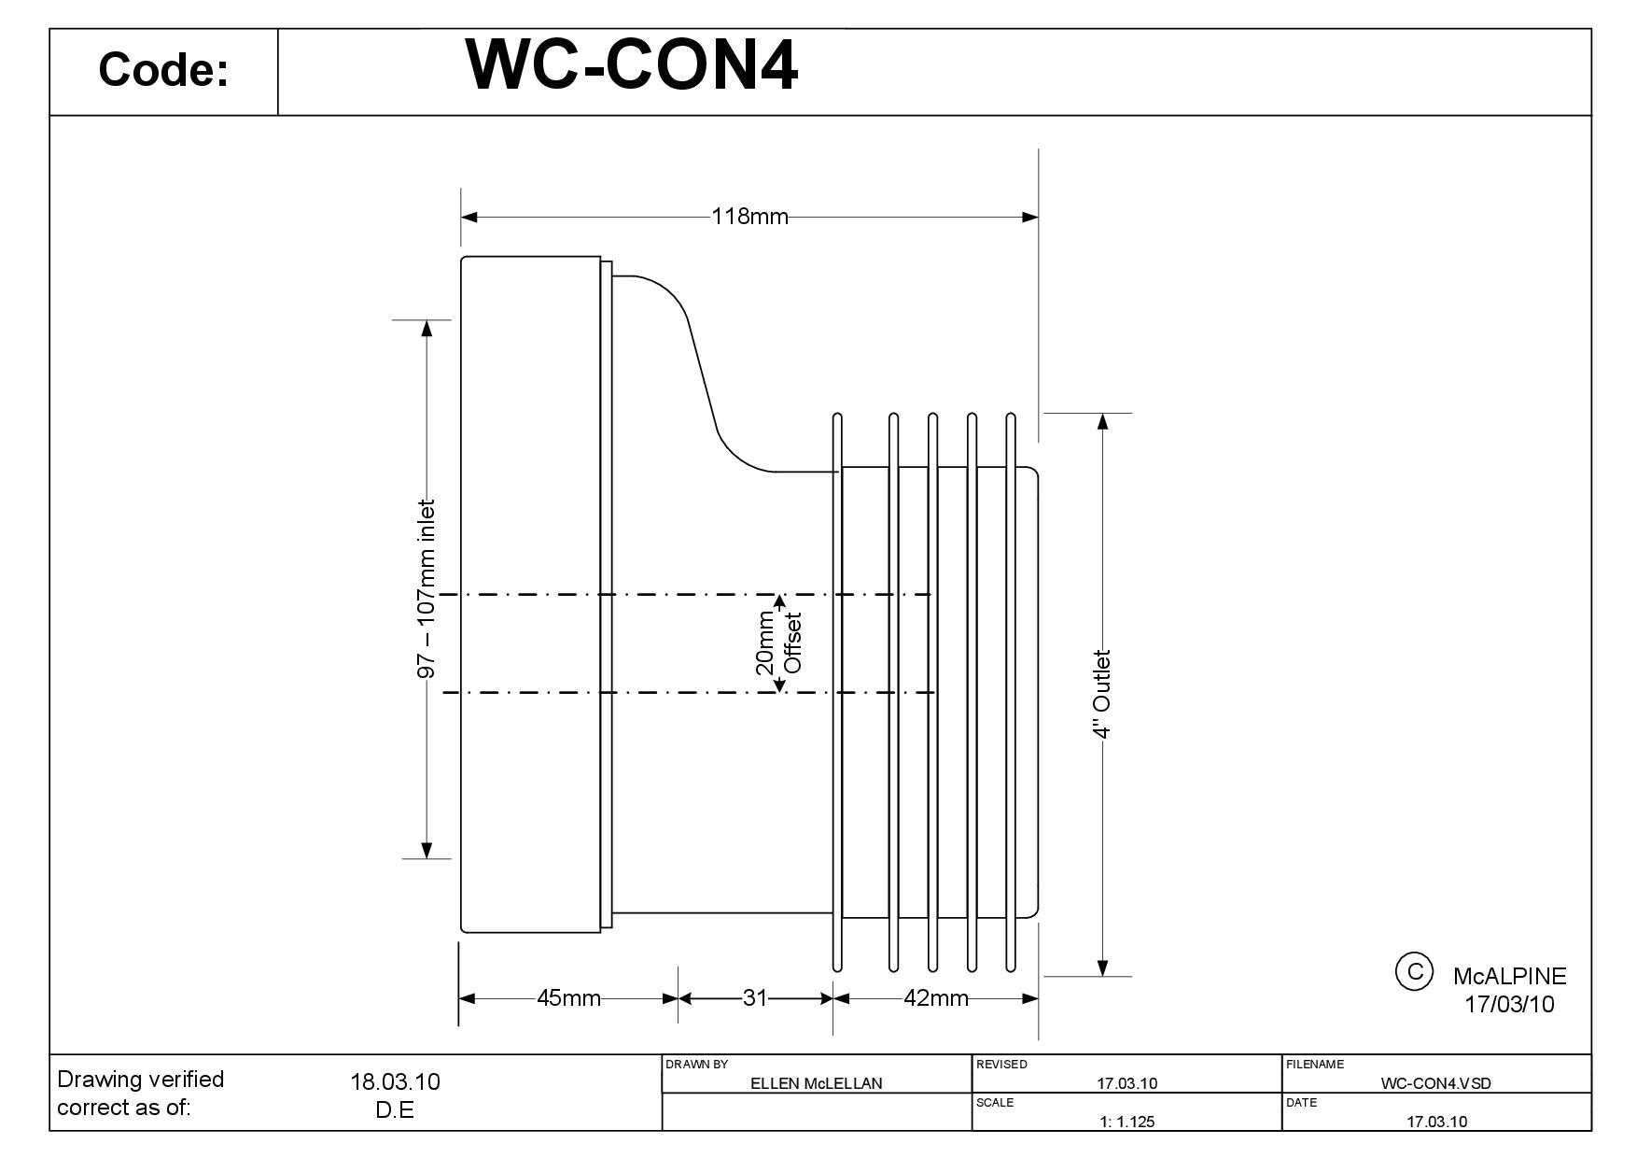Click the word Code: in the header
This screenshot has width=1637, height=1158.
click(163, 70)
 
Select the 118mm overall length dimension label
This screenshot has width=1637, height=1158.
click(749, 217)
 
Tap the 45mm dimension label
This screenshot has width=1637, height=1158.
click(568, 998)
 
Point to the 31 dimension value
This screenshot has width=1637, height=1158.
click(754, 998)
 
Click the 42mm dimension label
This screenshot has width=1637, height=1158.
click(935, 998)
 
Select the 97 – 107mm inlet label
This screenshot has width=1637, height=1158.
click(427, 589)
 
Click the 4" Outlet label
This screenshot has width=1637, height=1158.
click(1102, 694)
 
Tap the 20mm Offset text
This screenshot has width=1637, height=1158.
click(778, 643)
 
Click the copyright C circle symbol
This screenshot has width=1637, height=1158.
click(1413, 971)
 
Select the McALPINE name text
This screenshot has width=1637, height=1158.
click(1509, 977)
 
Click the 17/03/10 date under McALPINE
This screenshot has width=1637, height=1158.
click(1509, 1005)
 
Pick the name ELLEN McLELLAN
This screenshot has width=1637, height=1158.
click(817, 1083)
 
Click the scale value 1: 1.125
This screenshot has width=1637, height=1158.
click(1126, 1122)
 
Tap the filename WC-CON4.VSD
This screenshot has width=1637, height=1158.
click(1435, 1083)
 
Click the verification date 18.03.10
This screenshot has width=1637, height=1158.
click(395, 1081)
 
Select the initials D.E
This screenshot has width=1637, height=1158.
click(395, 1110)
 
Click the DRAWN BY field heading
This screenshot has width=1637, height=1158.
click(696, 1065)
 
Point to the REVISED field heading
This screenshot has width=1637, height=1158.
click(1001, 1065)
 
